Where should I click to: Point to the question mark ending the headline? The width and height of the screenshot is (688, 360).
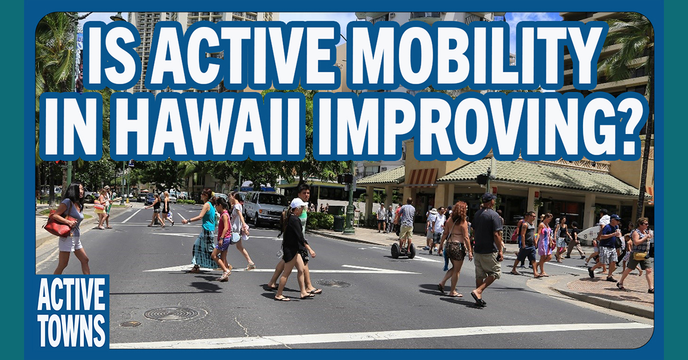pos(624,127)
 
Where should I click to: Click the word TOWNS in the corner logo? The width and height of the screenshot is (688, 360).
pos(71,330)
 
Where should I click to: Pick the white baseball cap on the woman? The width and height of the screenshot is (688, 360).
pos(298,203)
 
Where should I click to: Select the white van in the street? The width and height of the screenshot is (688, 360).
pos(265,209)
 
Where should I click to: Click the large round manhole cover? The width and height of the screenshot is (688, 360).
pos(171,314)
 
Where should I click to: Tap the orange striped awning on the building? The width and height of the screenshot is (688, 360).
pos(421,177)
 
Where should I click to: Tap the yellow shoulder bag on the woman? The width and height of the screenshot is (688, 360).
pos(640,256)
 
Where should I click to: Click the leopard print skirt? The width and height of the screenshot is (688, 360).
pos(455,250)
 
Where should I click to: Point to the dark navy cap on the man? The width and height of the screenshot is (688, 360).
pos(488,197)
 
